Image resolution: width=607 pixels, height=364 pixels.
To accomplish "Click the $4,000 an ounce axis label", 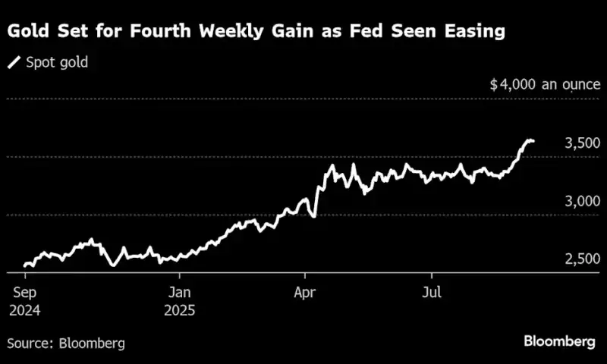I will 545,84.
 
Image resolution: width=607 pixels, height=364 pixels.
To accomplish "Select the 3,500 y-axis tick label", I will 583,143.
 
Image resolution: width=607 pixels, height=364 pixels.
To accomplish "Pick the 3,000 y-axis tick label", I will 583,202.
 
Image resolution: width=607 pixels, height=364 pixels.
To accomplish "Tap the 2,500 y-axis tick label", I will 583,259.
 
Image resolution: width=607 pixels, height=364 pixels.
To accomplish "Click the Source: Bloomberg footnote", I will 67,343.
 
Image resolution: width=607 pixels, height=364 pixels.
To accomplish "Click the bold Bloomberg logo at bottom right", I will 559,342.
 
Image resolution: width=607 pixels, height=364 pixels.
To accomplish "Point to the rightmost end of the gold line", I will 533,140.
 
